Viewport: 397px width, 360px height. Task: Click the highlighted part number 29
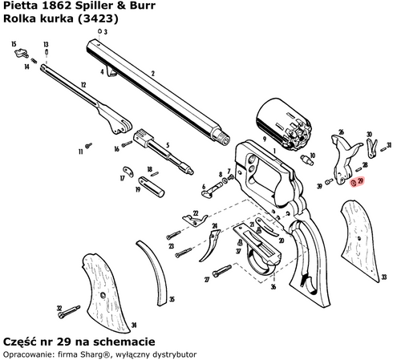[354, 183]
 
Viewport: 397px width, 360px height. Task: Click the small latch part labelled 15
[21, 55]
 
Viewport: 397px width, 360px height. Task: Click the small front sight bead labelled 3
[98, 31]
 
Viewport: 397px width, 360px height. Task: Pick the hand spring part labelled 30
[371, 148]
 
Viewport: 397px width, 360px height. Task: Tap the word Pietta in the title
[19, 6]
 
